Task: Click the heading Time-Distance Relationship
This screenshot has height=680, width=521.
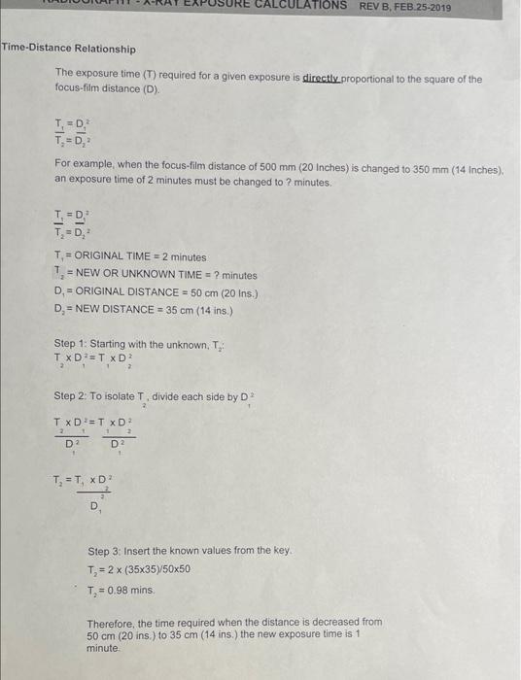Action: click(x=68, y=49)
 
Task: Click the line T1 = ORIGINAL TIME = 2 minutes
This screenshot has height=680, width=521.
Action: click(x=130, y=256)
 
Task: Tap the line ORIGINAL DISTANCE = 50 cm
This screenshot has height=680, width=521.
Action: click(x=155, y=292)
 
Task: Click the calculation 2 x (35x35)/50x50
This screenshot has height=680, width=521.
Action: click(x=153, y=568)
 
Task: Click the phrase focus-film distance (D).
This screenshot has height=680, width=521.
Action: click(x=106, y=88)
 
